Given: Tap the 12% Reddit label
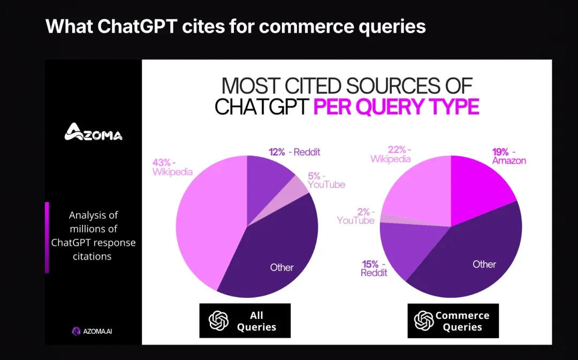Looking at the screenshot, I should (294, 152).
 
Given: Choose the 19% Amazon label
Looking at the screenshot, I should (508, 156).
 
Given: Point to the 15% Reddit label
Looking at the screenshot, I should (374, 268).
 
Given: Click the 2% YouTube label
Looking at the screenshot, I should (356, 216).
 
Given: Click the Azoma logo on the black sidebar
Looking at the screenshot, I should (93, 132).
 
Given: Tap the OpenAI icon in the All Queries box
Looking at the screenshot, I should (218, 320).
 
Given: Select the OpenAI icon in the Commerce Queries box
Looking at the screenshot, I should (424, 320).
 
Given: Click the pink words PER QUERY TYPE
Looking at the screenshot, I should (396, 106).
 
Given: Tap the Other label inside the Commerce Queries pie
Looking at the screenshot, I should (484, 264).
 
